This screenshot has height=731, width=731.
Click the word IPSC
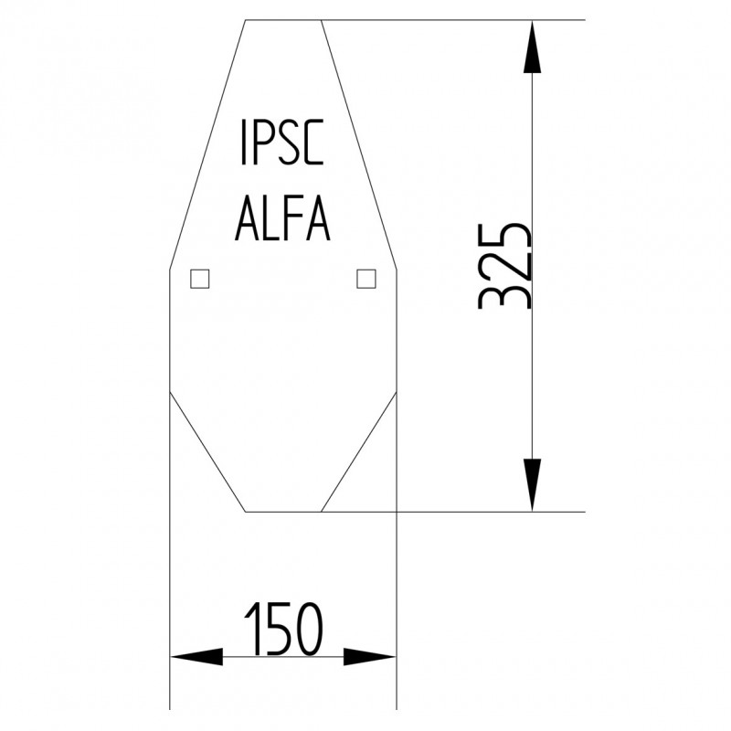tap(281, 143)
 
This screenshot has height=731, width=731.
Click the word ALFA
tap(282, 219)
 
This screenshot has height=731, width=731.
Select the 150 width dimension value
tap(283, 630)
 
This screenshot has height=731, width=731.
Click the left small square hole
tap(199, 279)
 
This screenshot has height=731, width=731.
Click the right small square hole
tap(365, 279)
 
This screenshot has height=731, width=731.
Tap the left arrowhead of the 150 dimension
tap(196, 656)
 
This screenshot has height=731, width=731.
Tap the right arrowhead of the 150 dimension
tap(370, 656)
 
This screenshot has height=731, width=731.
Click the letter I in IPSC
tap(242, 143)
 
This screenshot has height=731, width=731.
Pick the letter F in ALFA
tap(291, 219)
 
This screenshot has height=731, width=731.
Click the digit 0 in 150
tap(309, 630)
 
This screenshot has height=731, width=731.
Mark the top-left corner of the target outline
tap(245, 20)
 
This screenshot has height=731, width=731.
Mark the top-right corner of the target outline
tap(321, 20)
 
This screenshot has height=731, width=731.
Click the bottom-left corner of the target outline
tap(246, 511)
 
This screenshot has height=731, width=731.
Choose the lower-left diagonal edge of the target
tap(207, 451)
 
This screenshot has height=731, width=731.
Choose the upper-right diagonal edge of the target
tap(358, 144)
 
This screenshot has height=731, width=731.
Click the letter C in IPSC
tap(313, 143)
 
